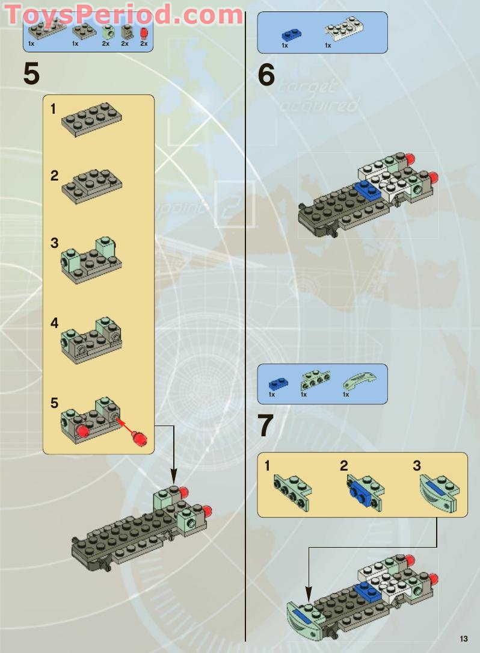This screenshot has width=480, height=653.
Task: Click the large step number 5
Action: pyautogui.click(x=31, y=74)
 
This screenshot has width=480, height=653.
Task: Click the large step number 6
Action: pyautogui.click(x=266, y=75)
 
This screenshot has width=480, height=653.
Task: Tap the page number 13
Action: pyautogui.click(x=463, y=639)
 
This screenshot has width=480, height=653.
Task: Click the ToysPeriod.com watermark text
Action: pyautogui.click(x=123, y=14)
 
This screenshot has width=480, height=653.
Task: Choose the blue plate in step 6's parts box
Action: pyautogui.click(x=291, y=34)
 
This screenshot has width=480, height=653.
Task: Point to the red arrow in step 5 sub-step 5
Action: pyautogui.click(x=123, y=426)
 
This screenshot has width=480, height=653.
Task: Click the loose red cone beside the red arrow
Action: pyautogui.click(x=139, y=437)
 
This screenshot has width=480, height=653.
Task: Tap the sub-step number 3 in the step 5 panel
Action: pyautogui.click(x=55, y=243)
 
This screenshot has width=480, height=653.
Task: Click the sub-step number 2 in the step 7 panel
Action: pyautogui.click(x=343, y=465)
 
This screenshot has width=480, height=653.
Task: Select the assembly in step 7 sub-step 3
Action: pyautogui.click(x=442, y=492)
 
